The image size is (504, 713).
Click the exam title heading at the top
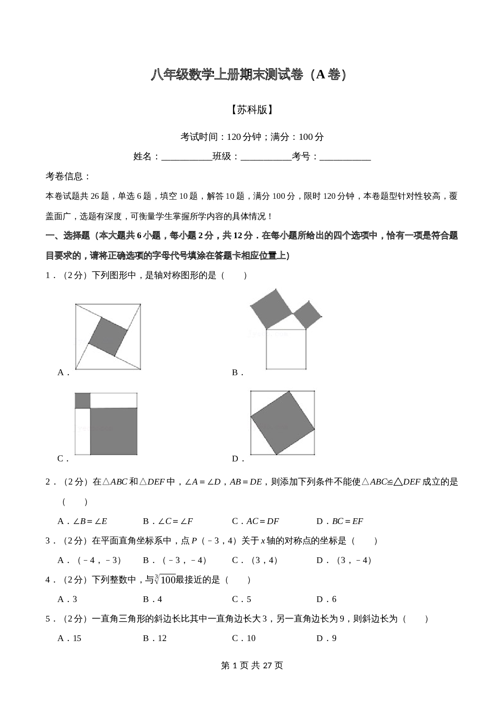click(249, 75)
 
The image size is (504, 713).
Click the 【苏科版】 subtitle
click(252, 110)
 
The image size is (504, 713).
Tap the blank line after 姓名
click(187, 157)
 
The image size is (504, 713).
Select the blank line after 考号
click(345, 157)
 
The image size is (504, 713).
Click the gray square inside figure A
click(108, 337)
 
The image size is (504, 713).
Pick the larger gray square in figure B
click(271, 308)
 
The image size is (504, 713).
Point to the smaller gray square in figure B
click(307, 314)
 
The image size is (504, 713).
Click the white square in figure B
click(286, 349)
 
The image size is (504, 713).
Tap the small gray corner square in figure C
click(82, 400)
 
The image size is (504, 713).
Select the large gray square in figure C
click(113, 431)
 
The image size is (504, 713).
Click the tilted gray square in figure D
click(282, 423)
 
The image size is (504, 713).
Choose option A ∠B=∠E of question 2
click(83, 521)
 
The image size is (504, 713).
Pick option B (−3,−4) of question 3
click(175, 560)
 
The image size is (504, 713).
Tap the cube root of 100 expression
click(165, 580)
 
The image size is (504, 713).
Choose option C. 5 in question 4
click(241, 599)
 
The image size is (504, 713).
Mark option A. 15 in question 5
click(70, 638)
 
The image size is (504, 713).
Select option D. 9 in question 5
click(326, 638)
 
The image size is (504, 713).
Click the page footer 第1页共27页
click(252, 665)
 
